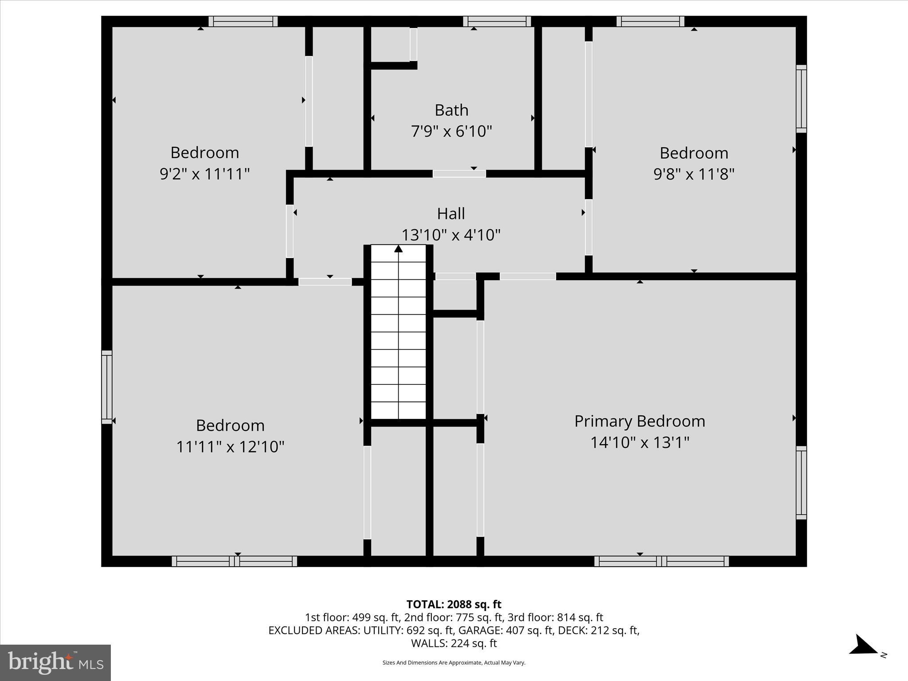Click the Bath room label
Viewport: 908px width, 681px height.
[x=451, y=110]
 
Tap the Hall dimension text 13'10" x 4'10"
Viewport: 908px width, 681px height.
[x=451, y=235]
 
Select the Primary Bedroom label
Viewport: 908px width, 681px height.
[x=639, y=421]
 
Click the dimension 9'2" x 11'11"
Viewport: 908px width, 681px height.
[x=205, y=174]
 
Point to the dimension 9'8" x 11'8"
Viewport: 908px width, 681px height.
[x=694, y=174]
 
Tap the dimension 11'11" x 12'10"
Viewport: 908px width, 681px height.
[x=230, y=446]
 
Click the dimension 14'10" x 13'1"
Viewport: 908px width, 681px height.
[x=639, y=442]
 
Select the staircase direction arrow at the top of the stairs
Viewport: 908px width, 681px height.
[x=399, y=249]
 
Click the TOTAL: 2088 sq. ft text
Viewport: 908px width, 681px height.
[x=454, y=604]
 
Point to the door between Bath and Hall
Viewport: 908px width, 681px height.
[x=459, y=174]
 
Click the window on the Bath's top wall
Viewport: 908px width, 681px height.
[x=497, y=21]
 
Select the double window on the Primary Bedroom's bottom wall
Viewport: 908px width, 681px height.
[x=661, y=561]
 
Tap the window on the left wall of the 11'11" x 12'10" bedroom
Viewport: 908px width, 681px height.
[x=107, y=387]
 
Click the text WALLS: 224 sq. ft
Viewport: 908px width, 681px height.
[x=454, y=643]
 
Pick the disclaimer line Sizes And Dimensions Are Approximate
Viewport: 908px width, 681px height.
[x=454, y=663]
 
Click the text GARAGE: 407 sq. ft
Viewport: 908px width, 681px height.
[x=506, y=630]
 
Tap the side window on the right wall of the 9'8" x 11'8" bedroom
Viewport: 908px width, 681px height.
[x=801, y=98]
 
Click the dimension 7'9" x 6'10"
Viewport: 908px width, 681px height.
[x=451, y=132]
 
